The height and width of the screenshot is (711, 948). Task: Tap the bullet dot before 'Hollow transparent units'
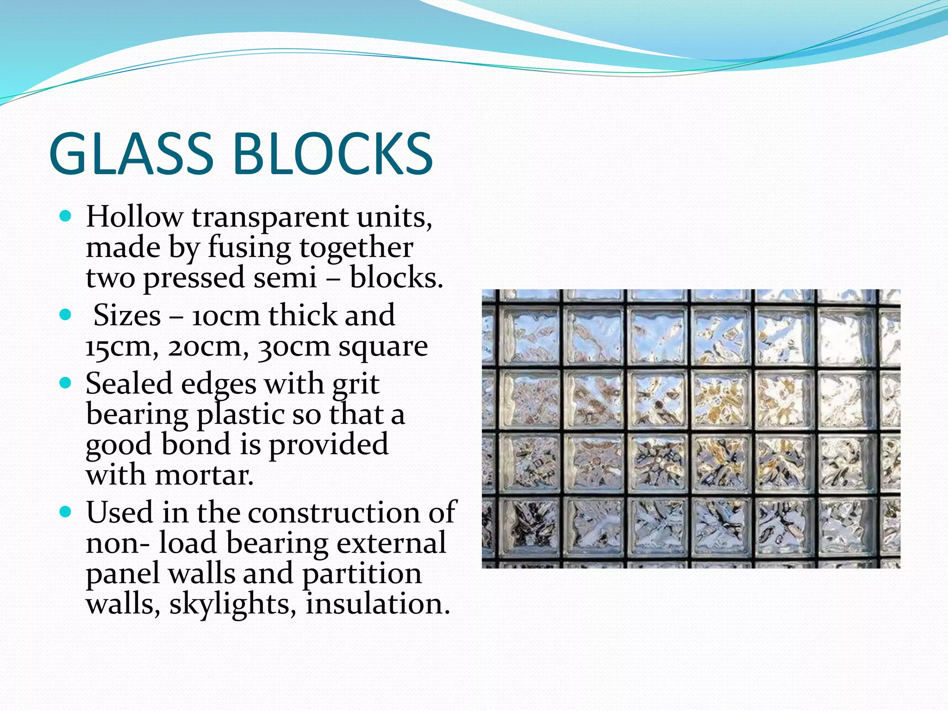pos(66,216)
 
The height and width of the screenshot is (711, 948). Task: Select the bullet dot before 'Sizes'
pos(66,315)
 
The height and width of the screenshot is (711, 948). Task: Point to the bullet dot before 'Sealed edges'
pos(66,383)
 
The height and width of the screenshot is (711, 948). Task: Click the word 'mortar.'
pos(205,475)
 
